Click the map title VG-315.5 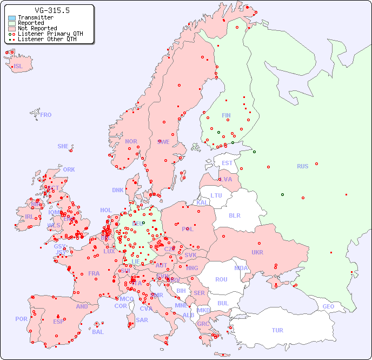tap(52, 10)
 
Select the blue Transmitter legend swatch tap(12, 18)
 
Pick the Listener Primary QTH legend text tap(50, 34)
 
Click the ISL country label tap(18, 67)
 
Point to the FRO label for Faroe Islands tap(46, 115)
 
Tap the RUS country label tap(302, 166)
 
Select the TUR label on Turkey tap(277, 330)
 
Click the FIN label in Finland tap(226, 115)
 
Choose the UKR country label tap(257, 252)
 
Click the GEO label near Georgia tap(328, 306)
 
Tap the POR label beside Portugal tap(21, 319)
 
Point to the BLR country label tap(234, 215)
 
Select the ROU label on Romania tap(221, 279)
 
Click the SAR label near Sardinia tap(142, 320)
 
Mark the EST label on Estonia tap(227, 163)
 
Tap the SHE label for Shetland tap(63, 146)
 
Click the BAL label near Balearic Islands tap(98, 332)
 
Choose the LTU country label tap(216, 195)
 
